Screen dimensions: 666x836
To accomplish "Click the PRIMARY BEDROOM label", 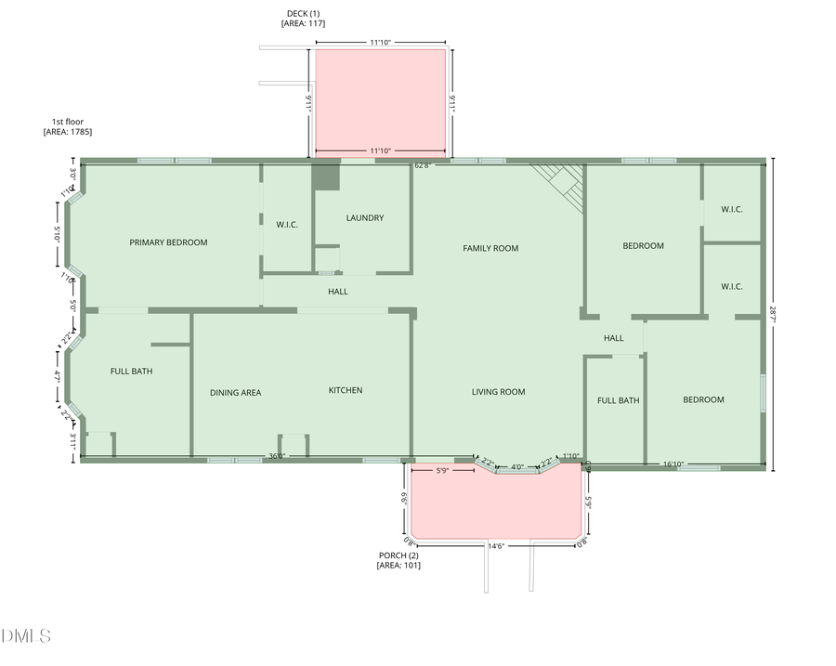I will [168, 242].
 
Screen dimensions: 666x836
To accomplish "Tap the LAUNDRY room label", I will [364, 218].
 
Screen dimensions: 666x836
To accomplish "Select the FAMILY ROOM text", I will [490, 248].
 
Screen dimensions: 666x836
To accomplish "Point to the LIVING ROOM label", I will [499, 392].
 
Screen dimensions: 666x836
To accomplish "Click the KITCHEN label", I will [346, 390].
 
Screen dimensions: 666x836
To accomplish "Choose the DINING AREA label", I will [235, 393].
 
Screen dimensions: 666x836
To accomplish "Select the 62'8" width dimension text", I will [422, 165].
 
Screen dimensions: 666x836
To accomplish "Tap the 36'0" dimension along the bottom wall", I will [277, 456].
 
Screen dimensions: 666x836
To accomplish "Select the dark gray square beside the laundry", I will [326, 176].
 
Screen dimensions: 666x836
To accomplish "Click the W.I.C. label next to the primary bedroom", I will [287, 224].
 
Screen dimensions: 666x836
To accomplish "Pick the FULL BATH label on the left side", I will [131, 372].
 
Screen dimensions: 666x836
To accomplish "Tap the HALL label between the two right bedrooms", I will [613, 338].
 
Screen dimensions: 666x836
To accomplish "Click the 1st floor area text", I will [67, 127].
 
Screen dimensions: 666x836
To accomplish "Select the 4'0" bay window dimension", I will [517, 466].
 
